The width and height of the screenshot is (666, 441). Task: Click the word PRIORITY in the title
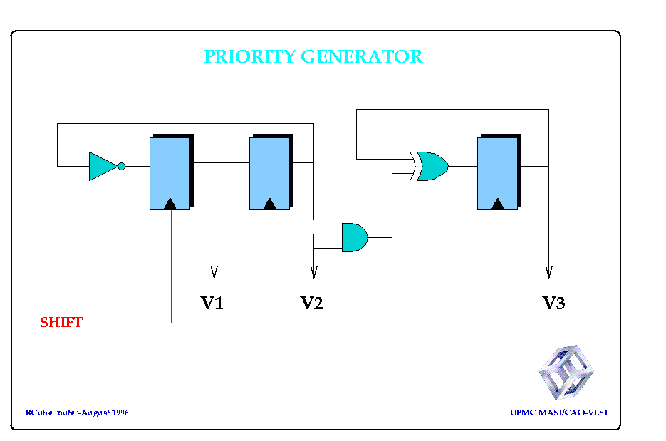pyautogui.click(x=250, y=56)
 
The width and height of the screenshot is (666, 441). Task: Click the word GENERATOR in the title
pyautogui.click(x=362, y=56)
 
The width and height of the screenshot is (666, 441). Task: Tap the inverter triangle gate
pyautogui.click(x=103, y=166)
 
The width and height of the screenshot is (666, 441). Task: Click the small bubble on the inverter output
pyautogui.click(x=122, y=166)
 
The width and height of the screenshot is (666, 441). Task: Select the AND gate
pyautogui.click(x=355, y=237)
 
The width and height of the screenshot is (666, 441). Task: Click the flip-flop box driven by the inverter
pyautogui.click(x=171, y=172)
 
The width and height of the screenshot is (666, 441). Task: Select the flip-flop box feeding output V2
pyautogui.click(x=271, y=172)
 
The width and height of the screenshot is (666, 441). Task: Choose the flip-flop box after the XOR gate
pyautogui.click(x=499, y=172)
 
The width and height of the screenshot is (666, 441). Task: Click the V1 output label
pyautogui.click(x=212, y=303)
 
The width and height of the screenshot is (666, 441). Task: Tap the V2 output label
pyautogui.click(x=311, y=303)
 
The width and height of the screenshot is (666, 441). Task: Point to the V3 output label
pyautogui.click(x=553, y=303)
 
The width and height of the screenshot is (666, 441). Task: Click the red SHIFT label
pyautogui.click(x=61, y=323)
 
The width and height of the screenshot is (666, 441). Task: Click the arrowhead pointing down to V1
pyautogui.click(x=214, y=272)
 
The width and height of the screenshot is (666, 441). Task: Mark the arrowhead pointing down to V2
pyautogui.click(x=314, y=272)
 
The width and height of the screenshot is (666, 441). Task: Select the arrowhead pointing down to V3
pyautogui.click(x=548, y=272)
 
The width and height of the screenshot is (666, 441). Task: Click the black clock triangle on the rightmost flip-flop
pyautogui.click(x=498, y=204)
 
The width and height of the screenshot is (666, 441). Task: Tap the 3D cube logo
pyautogui.click(x=566, y=372)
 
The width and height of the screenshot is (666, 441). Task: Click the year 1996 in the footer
pyautogui.click(x=120, y=413)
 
